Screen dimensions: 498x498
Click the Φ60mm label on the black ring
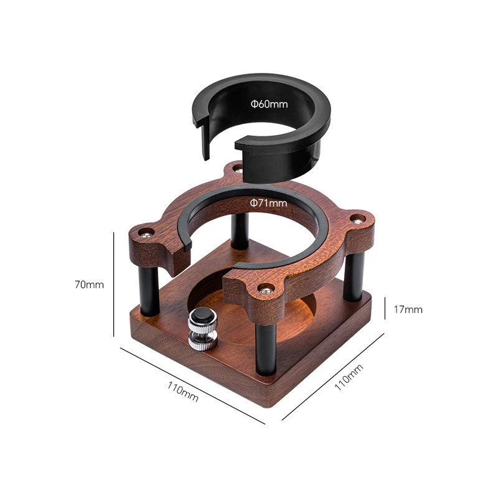270,104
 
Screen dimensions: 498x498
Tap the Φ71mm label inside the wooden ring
268,203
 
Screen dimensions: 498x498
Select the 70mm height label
89,284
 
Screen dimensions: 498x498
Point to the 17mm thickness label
408,309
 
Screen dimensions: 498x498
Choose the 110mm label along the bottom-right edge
348,377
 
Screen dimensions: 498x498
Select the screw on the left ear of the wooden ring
146,233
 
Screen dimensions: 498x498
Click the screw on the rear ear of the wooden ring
237,168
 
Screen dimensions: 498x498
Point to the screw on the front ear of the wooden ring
266,288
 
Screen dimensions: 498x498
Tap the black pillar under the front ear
265,349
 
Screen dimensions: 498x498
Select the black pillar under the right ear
354,277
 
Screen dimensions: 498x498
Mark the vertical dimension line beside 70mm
114,284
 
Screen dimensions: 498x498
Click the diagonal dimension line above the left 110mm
192,386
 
